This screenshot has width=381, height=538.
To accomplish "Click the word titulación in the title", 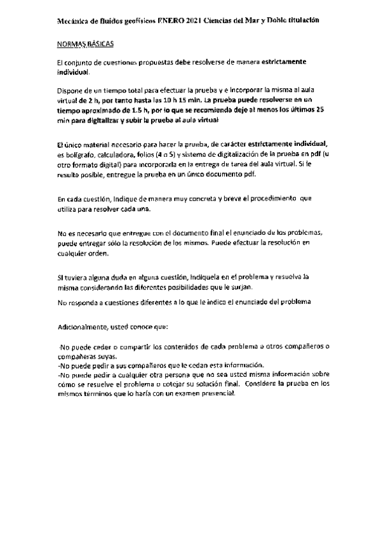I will (x=298, y=21).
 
